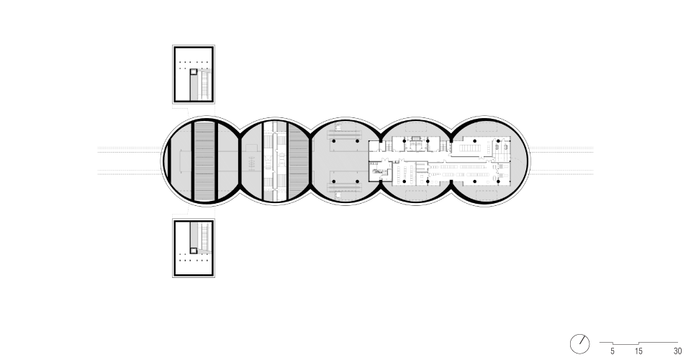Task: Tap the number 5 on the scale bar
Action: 613,351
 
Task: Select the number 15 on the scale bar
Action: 638,351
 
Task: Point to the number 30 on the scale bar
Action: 678,351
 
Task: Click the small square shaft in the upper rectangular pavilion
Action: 194,72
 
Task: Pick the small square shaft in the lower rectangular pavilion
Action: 194,251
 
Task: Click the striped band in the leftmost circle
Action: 204,161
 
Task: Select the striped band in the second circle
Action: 298,161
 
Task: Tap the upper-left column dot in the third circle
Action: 333,141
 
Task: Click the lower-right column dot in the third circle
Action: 357,181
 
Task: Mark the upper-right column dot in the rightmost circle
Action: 498,141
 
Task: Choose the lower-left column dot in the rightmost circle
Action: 474,181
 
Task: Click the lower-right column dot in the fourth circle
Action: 428,181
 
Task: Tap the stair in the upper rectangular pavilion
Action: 205,85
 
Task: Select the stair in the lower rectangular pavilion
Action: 205,237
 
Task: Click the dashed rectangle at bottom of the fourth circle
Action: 416,195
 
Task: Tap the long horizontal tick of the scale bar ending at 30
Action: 659,343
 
